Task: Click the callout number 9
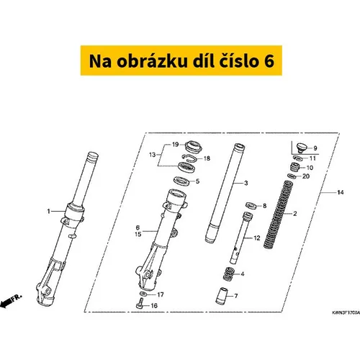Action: [315, 148]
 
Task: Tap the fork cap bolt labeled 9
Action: [302, 148]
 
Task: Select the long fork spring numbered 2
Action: [278, 215]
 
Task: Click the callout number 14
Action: [341, 192]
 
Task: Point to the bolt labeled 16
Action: [140, 304]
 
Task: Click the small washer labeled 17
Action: [143, 294]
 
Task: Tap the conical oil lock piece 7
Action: [222, 296]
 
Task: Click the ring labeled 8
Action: [251, 205]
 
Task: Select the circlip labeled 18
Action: [189, 158]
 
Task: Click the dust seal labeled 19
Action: [194, 147]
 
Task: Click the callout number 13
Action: [152, 155]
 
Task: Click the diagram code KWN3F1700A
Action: [346, 312]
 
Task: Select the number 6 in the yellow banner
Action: [269, 61]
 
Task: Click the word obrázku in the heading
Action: [152, 60]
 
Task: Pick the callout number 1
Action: [49, 211]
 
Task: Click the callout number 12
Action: [257, 238]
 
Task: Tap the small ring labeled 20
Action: [292, 176]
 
